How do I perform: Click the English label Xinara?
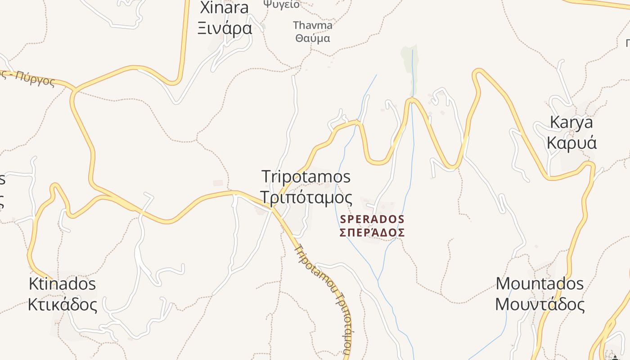(224, 8)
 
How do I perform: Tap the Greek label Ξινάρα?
(225, 28)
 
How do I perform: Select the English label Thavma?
(312, 25)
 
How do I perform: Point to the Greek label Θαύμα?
(312, 38)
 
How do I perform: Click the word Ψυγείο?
(282, 4)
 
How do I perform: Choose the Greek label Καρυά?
(571, 143)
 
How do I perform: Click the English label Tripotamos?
(306, 176)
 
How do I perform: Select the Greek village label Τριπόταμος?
(306, 198)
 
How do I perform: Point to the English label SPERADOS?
(372, 220)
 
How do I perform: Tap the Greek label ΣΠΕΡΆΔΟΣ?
(372, 233)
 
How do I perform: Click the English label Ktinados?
(62, 284)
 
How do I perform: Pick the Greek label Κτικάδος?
(62, 305)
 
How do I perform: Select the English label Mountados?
(540, 284)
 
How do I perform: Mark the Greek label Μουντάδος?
(540, 305)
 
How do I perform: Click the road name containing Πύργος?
(34, 79)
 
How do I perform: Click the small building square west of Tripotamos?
(218, 183)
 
